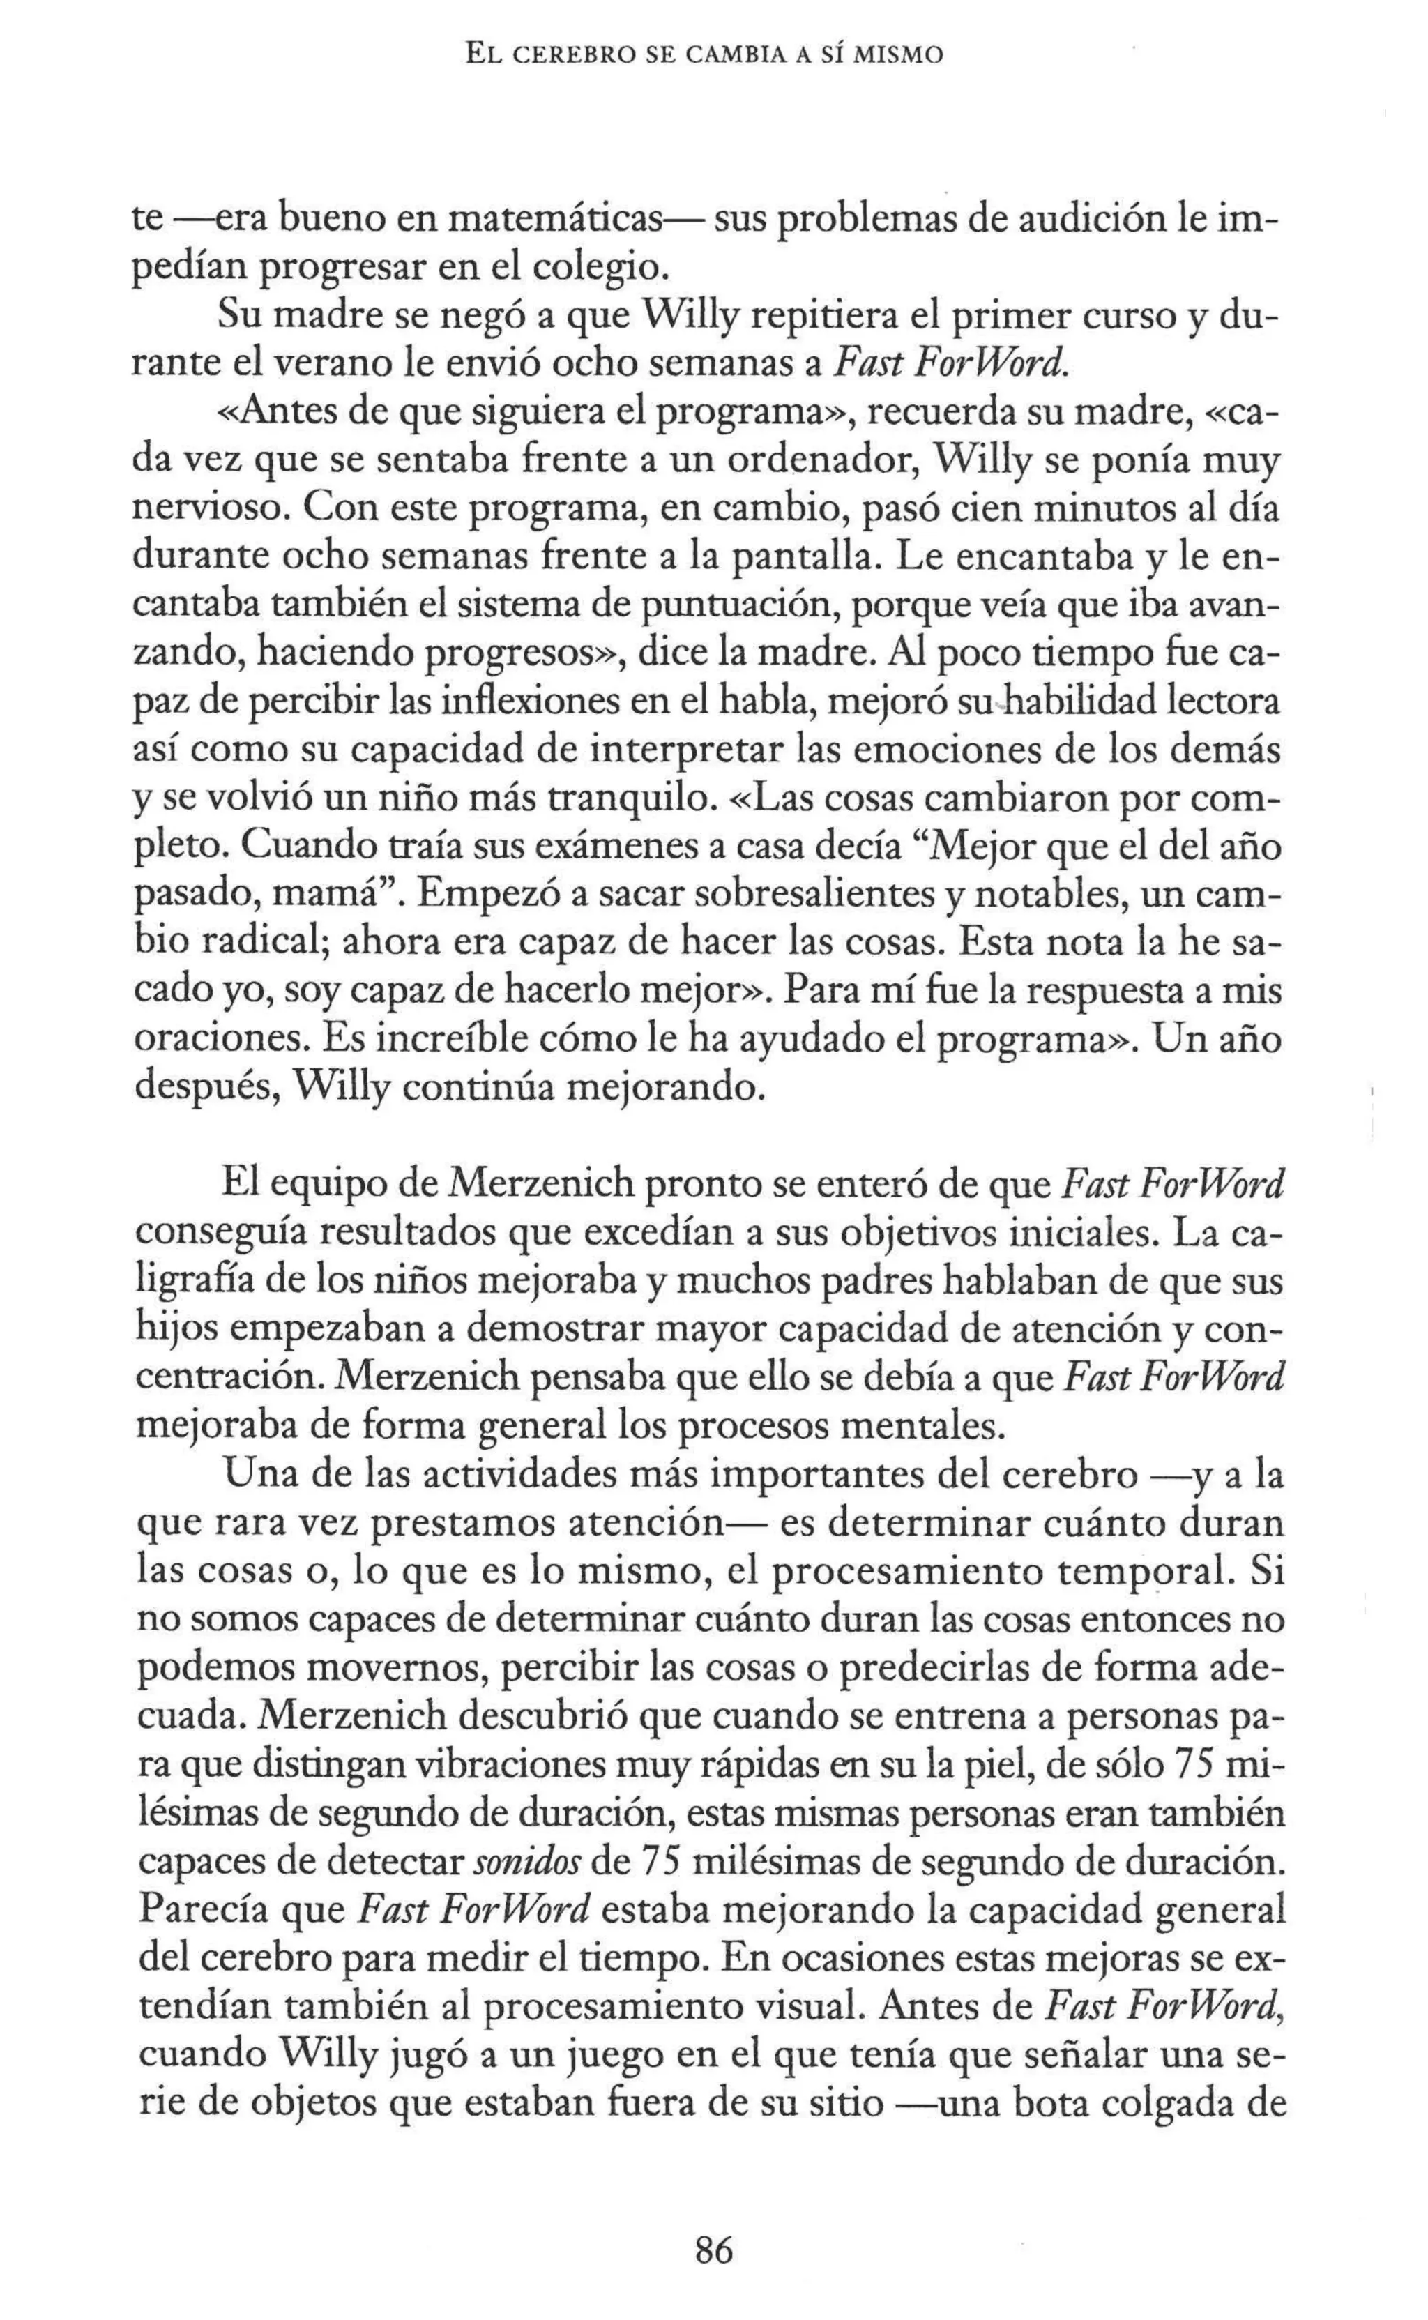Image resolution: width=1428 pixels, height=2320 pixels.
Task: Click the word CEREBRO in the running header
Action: tap(554, 56)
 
